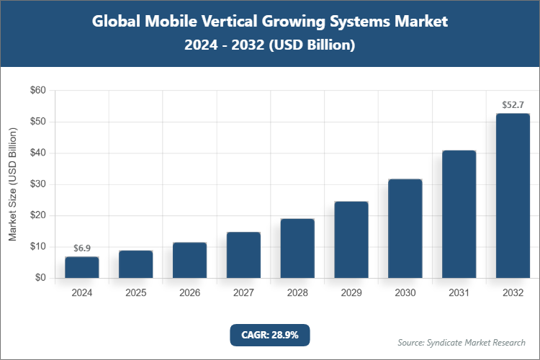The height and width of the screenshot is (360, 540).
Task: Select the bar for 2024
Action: pyautogui.click(x=82, y=267)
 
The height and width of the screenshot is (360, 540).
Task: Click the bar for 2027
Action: pyautogui.click(x=243, y=255)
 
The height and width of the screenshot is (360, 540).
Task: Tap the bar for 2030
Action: pyautogui.click(x=405, y=228)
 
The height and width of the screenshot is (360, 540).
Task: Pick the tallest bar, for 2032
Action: pyautogui.click(x=513, y=196)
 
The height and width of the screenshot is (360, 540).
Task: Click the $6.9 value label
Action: pyautogui.click(x=82, y=248)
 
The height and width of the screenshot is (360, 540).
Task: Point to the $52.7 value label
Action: pyautogui.click(x=513, y=105)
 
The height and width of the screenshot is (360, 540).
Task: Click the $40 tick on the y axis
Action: pyautogui.click(x=37, y=153)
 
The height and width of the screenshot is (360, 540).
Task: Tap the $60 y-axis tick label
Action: pyautogui.click(x=37, y=91)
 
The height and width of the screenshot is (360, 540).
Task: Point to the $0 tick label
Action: pyautogui.click(x=40, y=278)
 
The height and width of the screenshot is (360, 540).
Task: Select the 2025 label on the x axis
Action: pyautogui.click(x=136, y=293)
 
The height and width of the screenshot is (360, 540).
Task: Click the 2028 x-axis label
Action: pyautogui.click(x=297, y=293)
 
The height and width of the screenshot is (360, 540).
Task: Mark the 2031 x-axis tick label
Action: pyautogui.click(x=459, y=293)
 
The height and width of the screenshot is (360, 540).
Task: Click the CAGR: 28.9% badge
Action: pyautogui.click(x=269, y=335)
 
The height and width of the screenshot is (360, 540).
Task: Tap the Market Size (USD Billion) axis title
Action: pyautogui.click(x=12, y=184)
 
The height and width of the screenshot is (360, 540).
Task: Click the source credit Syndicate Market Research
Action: pyautogui.click(x=462, y=342)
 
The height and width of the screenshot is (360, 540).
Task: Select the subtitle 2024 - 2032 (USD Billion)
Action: pyautogui.click(x=270, y=45)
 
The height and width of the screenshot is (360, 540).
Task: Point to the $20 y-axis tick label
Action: pyautogui.click(x=37, y=215)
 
